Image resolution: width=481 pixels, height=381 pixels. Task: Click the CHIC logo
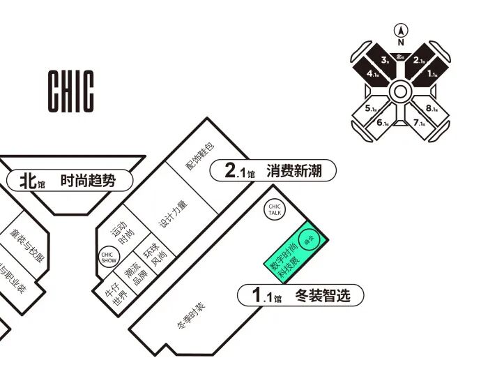[70, 91]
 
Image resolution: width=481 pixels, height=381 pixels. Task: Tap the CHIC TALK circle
[275, 209]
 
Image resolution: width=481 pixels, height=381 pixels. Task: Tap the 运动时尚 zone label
[126, 234]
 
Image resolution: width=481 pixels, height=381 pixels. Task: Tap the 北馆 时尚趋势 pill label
[70, 181]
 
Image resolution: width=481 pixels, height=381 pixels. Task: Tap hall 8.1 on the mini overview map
[432, 109]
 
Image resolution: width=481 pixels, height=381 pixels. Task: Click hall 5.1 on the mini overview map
[371, 109]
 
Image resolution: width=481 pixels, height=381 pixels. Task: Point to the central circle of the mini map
[401, 91]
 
